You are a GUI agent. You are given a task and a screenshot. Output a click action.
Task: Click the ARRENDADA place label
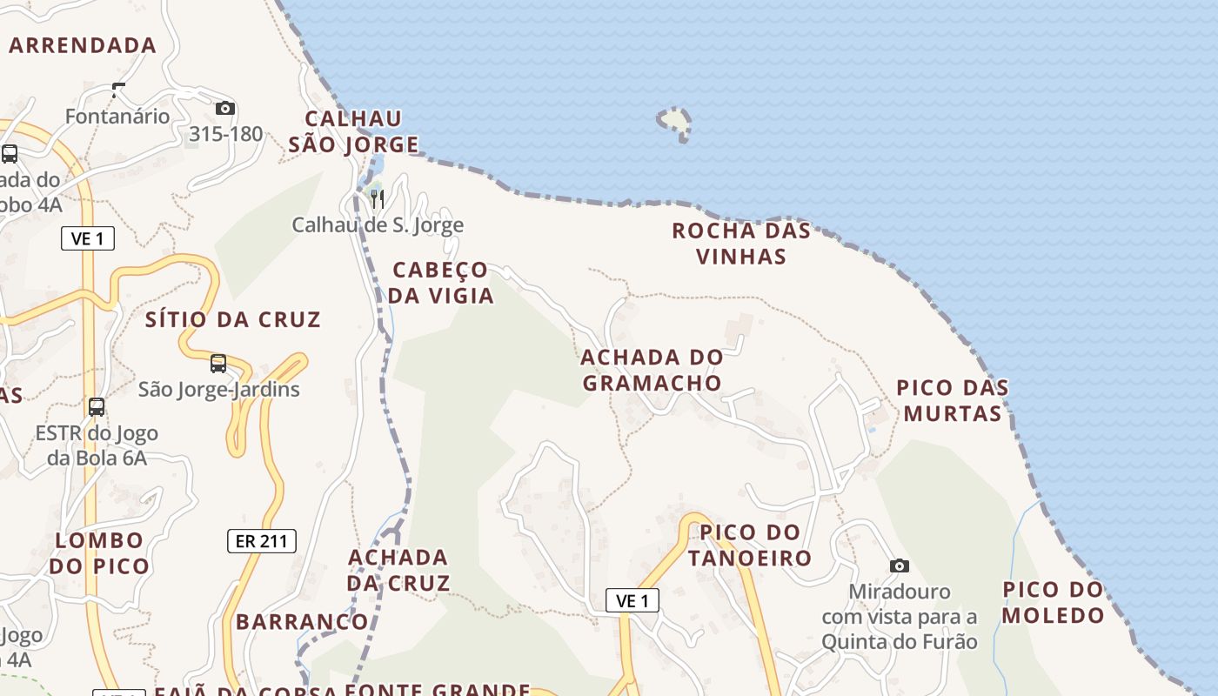point(83,45)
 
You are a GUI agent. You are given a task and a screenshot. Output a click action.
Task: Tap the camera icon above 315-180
point(225,109)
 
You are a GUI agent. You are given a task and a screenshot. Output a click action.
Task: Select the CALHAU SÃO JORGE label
point(353,131)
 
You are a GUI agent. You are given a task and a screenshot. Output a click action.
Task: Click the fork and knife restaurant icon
point(378,199)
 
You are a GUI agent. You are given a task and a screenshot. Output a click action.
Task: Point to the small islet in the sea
point(675,123)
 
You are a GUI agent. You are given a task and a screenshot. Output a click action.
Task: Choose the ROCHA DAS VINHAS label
point(741,244)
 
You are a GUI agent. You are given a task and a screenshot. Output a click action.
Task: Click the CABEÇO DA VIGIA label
point(440,283)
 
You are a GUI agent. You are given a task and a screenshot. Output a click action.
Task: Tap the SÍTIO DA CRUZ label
point(233,320)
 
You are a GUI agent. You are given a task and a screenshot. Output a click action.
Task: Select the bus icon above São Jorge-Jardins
point(218,364)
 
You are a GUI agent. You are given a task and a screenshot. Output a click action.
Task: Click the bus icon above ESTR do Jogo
point(97,407)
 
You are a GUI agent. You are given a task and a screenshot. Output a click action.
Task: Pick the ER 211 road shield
point(262,541)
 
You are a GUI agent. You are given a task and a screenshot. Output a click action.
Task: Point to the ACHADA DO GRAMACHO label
point(652,370)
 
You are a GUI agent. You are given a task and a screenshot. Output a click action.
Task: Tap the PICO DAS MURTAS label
point(953,400)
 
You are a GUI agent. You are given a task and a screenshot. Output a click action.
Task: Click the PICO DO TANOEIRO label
point(750,545)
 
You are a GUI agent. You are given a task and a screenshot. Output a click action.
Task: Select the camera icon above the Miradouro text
point(900,566)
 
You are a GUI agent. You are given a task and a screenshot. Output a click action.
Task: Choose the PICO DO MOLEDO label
point(1053,602)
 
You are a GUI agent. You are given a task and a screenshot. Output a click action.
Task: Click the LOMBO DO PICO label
point(98,553)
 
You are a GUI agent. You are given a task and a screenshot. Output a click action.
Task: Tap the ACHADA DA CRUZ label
point(398,570)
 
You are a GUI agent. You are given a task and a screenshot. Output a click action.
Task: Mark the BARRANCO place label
point(302,622)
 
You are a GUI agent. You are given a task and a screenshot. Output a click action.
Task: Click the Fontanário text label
point(117,117)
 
